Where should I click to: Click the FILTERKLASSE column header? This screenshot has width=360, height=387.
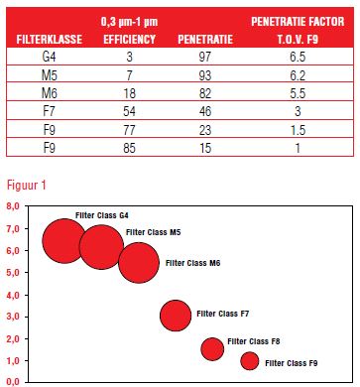[x=50, y=40]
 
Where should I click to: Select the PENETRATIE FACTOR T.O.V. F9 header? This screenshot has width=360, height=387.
[x=298, y=31]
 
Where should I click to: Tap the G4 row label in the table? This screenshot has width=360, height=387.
[x=50, y=57]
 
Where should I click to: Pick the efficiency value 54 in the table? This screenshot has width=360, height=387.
[x=129, y=111]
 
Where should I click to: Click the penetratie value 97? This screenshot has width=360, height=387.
[x=205, y=57]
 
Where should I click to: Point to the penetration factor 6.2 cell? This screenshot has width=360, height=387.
[x=298, y=75]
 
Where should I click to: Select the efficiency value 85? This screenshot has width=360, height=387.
[x=129, y=148]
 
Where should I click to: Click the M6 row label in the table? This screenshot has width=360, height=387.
[x=50, y=93]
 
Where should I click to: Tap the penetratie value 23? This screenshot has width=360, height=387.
[x=205, y=130]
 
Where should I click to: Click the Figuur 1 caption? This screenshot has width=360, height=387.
[x=27, y=185]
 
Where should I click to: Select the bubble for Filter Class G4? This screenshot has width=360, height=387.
[x=64, y=241]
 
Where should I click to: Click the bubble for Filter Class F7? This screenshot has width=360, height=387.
[x=176, y=316]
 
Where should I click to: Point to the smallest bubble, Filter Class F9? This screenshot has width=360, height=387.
[x=250, y=361]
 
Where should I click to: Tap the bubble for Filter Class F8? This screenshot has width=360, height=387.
[x=212, y=349]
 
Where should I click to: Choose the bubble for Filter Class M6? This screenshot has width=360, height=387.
[x=139, y=263]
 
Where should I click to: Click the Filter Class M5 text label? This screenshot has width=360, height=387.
[x=154, y=232]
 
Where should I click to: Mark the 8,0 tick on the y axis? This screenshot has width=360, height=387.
[x=13, y=206]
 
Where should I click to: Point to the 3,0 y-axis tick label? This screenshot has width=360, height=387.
[x=13, y=317]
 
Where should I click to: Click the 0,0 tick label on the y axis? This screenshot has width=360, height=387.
[x=13, y=382]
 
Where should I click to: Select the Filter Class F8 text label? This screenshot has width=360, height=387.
[x=254, y=341]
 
